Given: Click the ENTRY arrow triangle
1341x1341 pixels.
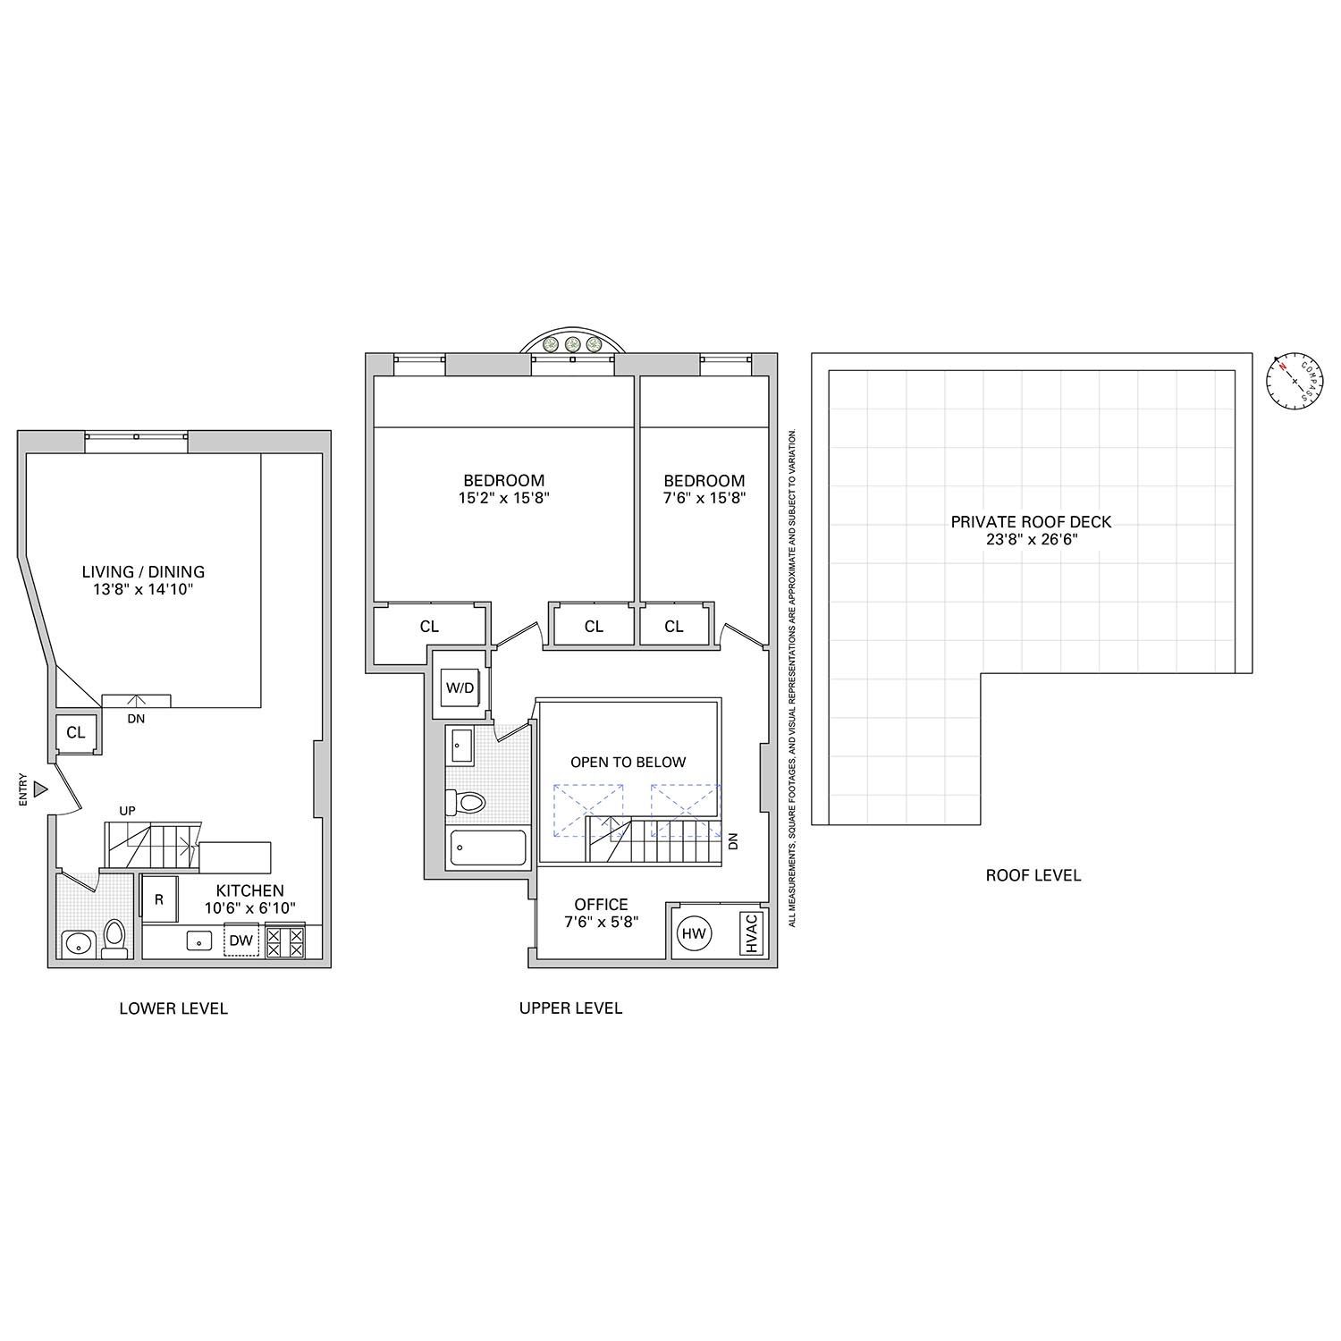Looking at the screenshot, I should [x=40, y=789].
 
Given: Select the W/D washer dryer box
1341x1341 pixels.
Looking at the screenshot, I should [x=460, y=688].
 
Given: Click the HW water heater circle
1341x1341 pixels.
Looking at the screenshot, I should [x=694, y=934].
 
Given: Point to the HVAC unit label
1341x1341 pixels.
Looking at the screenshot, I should [x=751, y=933].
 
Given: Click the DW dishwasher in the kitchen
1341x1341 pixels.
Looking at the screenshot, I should [x=240, y=940].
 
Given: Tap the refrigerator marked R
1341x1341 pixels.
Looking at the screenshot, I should [x=159, y=900].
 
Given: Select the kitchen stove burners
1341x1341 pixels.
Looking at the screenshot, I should [x=285, y=940].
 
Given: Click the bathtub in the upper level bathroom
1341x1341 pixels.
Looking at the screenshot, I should [x=487, y=848].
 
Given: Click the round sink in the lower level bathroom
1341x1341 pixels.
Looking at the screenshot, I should [x=79, y=942].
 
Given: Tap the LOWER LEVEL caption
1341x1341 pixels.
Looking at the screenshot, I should [x=173, y=1008].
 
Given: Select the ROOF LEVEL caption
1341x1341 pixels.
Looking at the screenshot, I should [x=1033, y=875].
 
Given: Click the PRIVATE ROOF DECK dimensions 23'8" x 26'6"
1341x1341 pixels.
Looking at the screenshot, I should [x=1031, y=539].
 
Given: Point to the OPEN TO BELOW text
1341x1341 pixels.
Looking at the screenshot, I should [x=628, y=763].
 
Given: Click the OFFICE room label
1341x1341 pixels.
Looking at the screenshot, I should [x=601, y=904].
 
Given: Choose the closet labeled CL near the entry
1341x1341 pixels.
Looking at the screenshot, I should [x=76, y=733].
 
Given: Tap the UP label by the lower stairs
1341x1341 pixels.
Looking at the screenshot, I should [x=128, y=811].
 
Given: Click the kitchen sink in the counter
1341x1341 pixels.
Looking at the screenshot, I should [x=197, y=940].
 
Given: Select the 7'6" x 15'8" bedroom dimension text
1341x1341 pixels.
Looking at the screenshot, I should [x=704, y=498].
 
